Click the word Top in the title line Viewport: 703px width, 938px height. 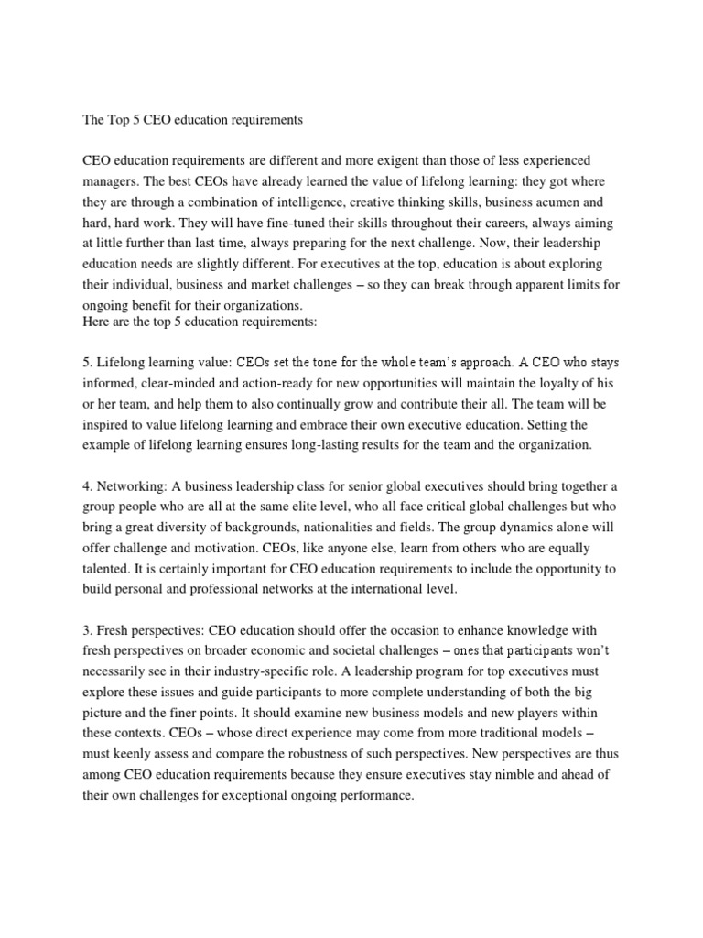tap(120, 119)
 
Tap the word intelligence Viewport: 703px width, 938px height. tap(324, 202)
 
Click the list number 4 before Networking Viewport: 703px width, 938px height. tap(88, 486)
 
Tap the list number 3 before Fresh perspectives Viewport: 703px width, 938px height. tap(88, 631)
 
